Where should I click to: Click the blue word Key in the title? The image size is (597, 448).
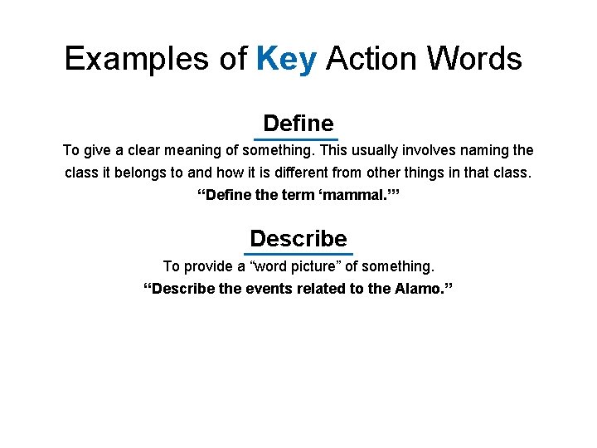[286, 59]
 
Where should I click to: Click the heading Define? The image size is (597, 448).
[298, 124]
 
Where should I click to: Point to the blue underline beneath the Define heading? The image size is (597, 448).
[296, 138]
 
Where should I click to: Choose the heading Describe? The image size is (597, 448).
[298, 239]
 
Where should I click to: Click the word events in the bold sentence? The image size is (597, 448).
[263, 289]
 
